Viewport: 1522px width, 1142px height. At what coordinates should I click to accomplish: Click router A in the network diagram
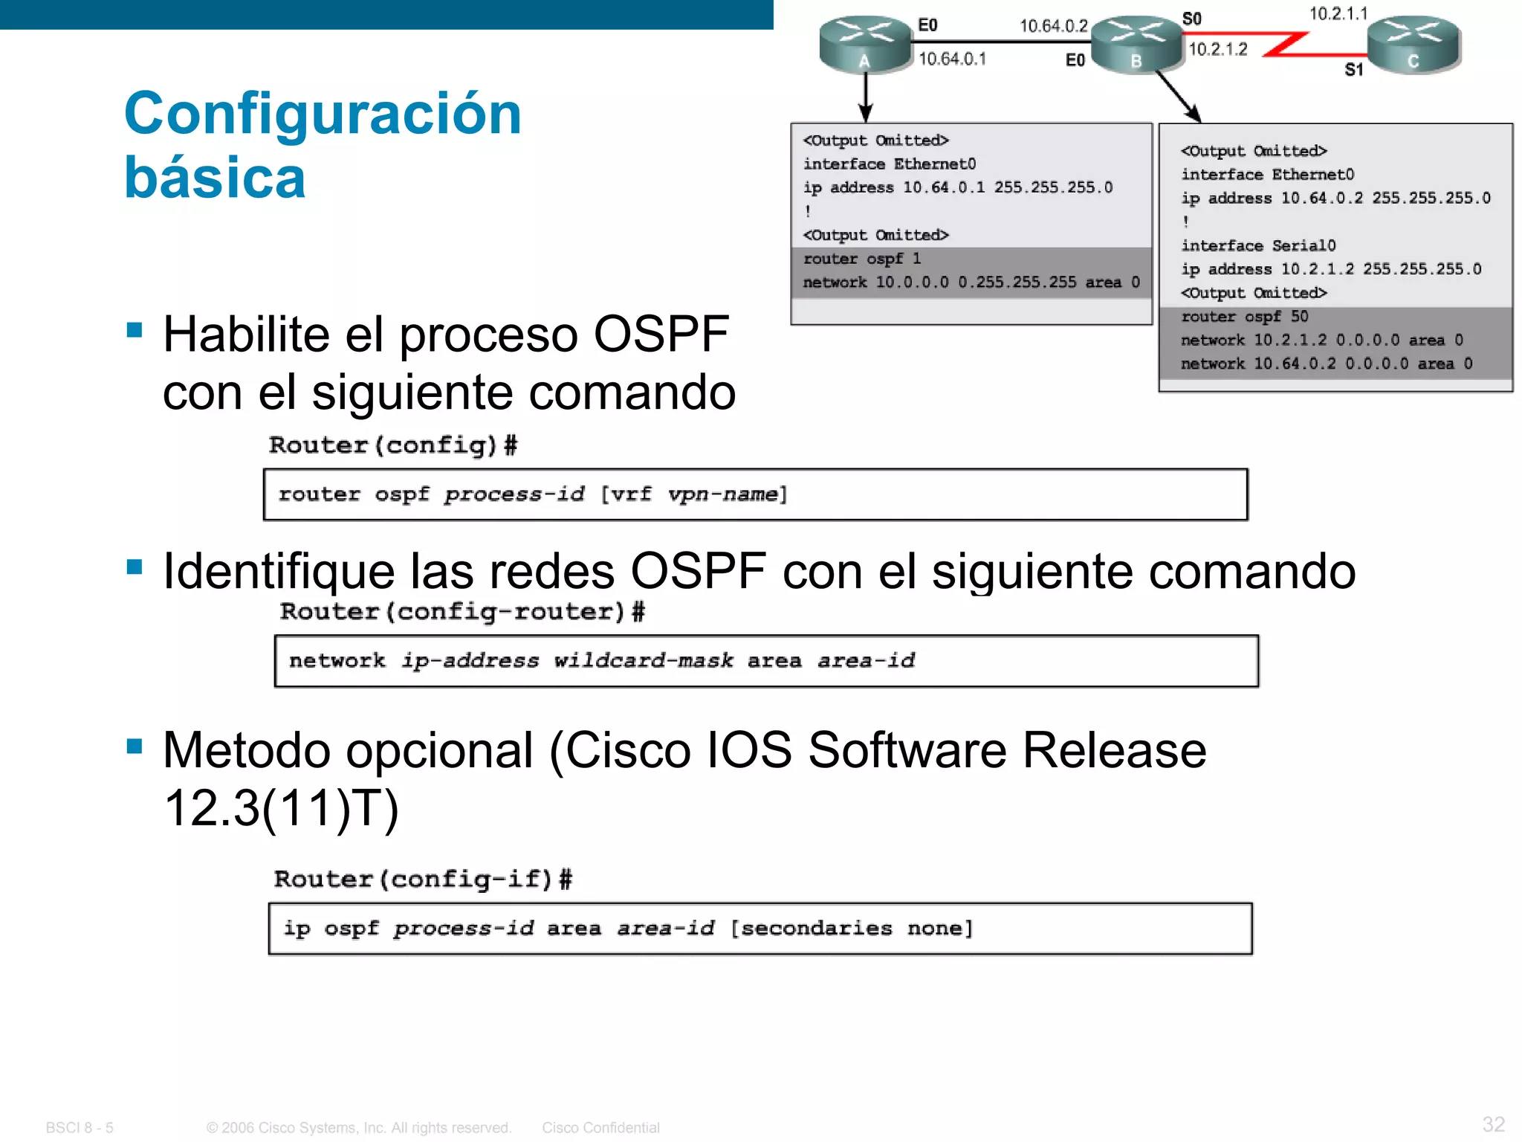click(x=865, y=45)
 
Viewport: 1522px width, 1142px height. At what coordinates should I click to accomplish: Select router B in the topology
click(x=1136, y=45)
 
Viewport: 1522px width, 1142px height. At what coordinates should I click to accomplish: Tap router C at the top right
click(x=1413, y=45)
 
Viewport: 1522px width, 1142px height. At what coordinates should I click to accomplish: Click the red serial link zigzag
click(x=1285, y=44)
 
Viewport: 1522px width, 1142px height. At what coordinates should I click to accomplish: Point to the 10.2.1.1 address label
click(x=1338, y=13)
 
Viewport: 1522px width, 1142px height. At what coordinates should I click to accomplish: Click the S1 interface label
click(x=1353, y=70)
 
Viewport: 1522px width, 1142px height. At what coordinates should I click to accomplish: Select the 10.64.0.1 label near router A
click(x=952, y=59)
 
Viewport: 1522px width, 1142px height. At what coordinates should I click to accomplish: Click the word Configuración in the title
click(x=323, y=114)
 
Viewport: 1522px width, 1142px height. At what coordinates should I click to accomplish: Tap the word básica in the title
click(x=215, y=178)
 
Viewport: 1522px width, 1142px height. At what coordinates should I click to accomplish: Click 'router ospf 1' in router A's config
click(x=862, y=259)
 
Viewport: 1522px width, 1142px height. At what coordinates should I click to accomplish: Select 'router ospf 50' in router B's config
click(x=1244, y=317)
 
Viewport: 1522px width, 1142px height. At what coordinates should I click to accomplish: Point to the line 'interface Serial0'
click(x=1258, y=245)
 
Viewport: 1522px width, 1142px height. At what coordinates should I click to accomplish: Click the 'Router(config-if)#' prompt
click(x=422, y=879)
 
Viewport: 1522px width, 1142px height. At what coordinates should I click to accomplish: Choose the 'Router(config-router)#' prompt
click(x=462, y=611)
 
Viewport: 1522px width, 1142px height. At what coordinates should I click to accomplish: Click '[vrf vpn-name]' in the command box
click(x=693, y=494)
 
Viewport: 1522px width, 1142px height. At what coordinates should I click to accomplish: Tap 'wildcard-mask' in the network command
click(x=643, y=660)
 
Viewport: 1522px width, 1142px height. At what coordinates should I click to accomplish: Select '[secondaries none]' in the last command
click(x=852, y=928)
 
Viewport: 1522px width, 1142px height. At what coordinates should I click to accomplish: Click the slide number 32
click(x=1493, y=1123)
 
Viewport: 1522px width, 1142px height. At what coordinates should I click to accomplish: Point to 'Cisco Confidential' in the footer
click(x=600, y=1128)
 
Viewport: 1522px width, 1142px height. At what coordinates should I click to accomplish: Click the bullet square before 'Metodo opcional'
click(x=135, y=746)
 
